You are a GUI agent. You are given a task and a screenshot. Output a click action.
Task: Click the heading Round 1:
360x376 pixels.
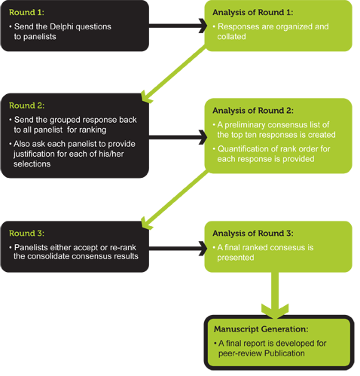point(26,12)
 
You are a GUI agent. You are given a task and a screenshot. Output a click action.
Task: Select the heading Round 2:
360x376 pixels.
point(26,105)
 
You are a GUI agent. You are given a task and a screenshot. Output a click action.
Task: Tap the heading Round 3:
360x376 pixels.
point(26,234)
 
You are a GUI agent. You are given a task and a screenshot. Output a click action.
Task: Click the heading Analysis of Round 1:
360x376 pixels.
point(253,12)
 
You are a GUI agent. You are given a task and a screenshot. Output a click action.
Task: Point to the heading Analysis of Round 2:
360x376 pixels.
point(253,111)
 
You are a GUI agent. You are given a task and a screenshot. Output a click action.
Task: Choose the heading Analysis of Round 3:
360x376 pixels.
point(253,234)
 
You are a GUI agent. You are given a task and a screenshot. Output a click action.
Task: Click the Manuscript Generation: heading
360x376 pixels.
point(261,329)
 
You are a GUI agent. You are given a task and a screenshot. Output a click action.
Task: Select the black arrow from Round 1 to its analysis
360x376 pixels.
point(178,26)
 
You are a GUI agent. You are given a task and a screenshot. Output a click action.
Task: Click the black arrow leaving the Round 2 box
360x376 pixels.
point(178,137)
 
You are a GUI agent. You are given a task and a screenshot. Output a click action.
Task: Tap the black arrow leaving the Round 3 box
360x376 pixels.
point(178,249)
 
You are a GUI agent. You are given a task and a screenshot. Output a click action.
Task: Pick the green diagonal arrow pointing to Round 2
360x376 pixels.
point(174,74)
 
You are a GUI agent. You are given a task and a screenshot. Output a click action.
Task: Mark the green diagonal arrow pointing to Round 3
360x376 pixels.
point(175,200)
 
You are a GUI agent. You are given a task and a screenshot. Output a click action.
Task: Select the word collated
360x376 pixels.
point(231,37)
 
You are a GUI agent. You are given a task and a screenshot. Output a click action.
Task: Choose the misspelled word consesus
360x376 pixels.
point(282,248)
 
